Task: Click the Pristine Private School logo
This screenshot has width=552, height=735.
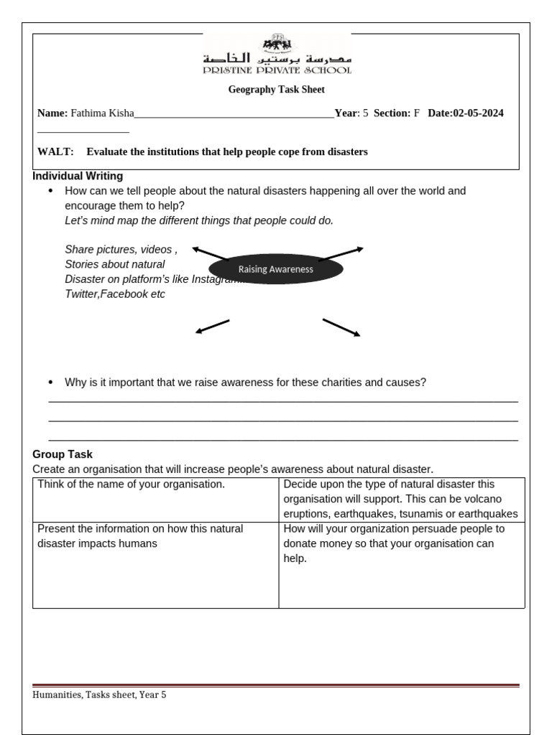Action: pyautogui.click(x=277, y=55)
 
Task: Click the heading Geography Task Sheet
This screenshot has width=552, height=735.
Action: pyautogui.click(x=277, y=90)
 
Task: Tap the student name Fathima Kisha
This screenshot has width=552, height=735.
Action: pyautogui.click(x=102, y=113)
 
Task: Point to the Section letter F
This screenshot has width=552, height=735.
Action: pyautogui.click(x=416, y=113)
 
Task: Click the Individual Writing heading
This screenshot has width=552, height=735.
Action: pyautogui.click(x=78, y=176)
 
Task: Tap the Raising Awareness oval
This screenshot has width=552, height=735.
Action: pyautogui.click(x=276, y=269)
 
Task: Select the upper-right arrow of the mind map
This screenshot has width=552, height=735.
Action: pyautogui.click(x=341, y=254)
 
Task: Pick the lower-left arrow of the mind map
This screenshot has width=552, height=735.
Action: pyautogui.click(x=213, y=326)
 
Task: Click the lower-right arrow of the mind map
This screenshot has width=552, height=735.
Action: pyautogui.click(x=341, y=327)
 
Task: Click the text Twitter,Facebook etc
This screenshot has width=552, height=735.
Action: pyautogui.click(x=115, y=294)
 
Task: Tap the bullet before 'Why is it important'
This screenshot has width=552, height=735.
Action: pyautogui.click(x=50, y=383)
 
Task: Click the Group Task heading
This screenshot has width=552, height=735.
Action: pyautogui.click(x=63, y=454)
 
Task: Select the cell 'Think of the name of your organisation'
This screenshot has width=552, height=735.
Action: pyautogui.click(x=132, y=484)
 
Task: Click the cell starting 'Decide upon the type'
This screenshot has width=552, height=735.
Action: pyautogui.click(x=400, y=499)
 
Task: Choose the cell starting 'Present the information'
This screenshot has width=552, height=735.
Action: pyautogui.click(x=140, y=536)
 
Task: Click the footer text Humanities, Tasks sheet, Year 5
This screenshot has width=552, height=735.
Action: pyautogui.click(x=99, y=695)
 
